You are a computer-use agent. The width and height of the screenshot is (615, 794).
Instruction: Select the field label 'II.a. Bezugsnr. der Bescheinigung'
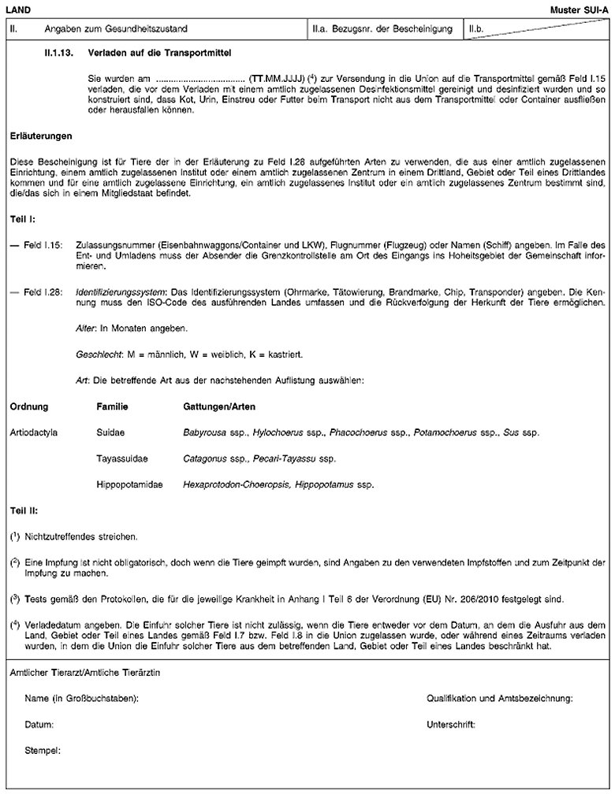point(382,29)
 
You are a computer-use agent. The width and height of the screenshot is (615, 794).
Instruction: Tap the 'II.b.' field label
point(476,29)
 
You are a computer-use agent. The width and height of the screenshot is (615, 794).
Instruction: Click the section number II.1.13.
point(60,54)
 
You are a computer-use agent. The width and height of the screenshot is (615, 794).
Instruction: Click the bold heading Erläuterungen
point(39,135)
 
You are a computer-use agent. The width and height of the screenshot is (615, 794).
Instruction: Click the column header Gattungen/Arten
point(214,406)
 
